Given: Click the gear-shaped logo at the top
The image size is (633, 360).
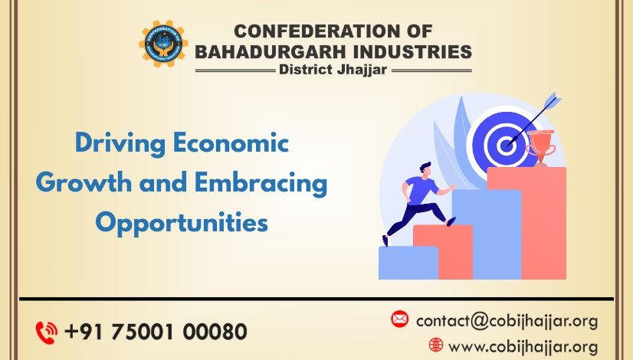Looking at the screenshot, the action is (x=163, y=44).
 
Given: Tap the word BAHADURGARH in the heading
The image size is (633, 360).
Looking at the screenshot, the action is (x=271, y=51).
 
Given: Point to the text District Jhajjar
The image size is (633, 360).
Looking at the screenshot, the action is (x=333, y=70).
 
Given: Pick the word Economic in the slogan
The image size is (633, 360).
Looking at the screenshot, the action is (x=231, y=143).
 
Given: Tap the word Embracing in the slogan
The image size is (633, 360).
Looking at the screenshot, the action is (x=261, y=183).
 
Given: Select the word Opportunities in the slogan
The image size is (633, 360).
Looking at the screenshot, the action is (x=182, y=223).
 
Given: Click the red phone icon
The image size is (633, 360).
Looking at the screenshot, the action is (x=47, y=332).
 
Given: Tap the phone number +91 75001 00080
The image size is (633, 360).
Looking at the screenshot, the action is (x=156, y=332).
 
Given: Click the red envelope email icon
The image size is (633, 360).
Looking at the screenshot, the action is (x=400, y=319).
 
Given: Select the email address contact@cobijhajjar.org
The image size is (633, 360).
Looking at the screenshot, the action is (x=507, y=321).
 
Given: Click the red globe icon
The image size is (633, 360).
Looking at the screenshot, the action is (x=436, y=345).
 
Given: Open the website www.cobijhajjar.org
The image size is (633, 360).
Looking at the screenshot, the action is (x=523, y=347).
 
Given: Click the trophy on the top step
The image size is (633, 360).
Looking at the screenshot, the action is (x=541, y=148).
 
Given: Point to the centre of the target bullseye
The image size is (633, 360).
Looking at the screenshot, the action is (x=506, y=144).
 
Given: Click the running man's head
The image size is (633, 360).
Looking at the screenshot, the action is (x=425, y=169).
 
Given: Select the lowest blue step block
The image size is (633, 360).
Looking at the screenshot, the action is (x=408, y=263).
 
